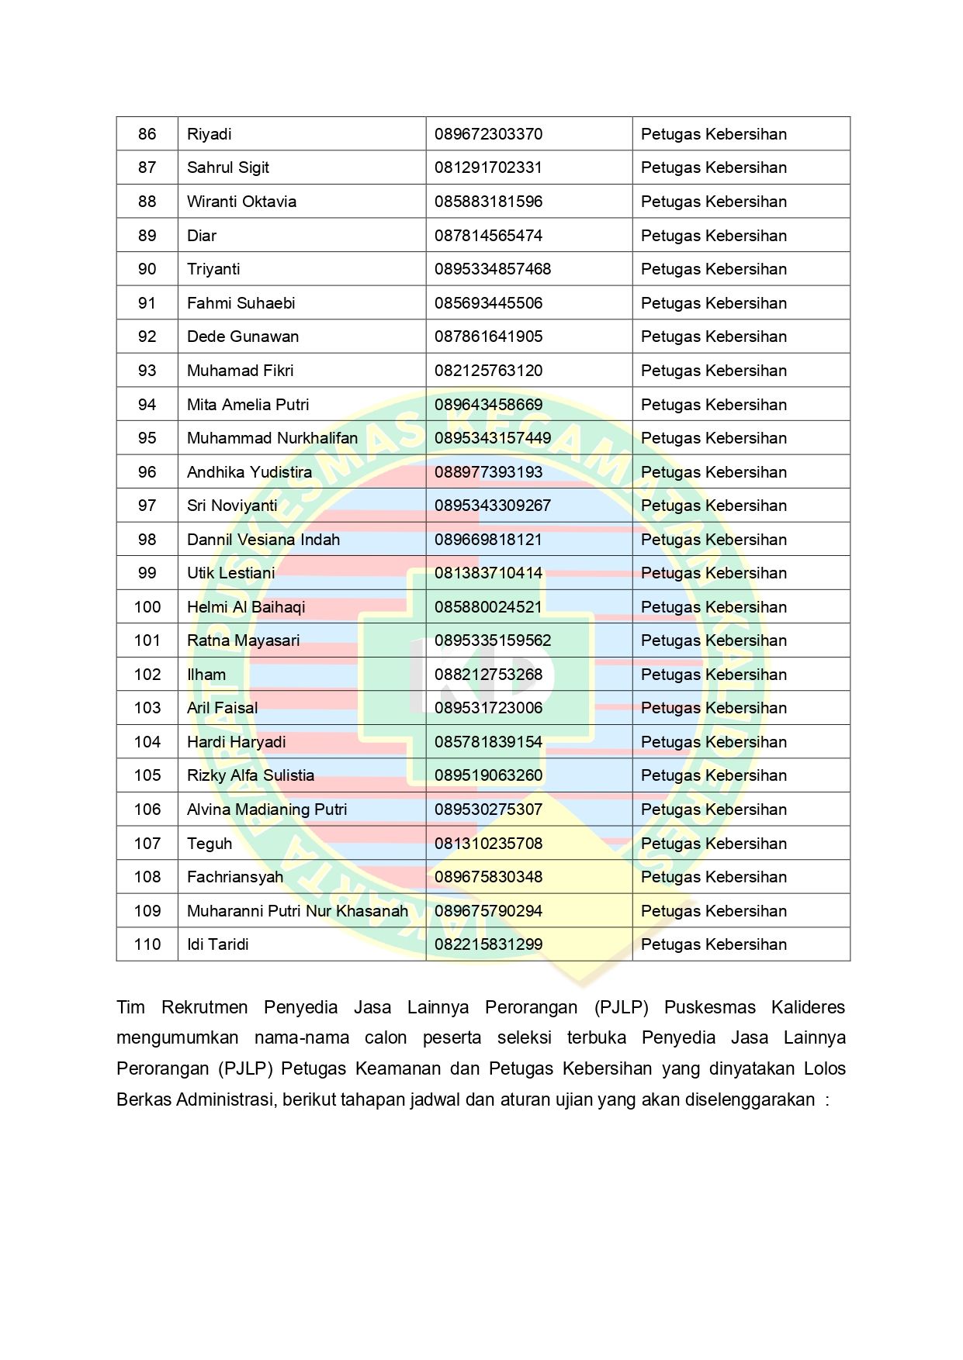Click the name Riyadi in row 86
pos(210,134)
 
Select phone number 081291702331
pos(488,167)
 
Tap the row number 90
pos(147,269)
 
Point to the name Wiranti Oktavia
pos(241,202)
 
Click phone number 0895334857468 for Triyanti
pos(493,269)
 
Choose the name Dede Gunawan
pos(243,337)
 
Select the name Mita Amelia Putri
pos(248,405)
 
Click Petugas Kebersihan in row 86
pos(713,134)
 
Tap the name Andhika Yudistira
pos(249,472)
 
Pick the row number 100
pos(147,607)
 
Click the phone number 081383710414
pos(488,573)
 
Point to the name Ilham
pos(206,675)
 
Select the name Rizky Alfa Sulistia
pos(251,775)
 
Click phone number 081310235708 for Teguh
pos(488,844)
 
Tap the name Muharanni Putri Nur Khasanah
pos(297,911)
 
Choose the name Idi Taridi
pos(218,944)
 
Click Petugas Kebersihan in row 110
pos(713,944)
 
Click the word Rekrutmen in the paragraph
pos(204,1007)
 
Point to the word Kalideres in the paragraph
pos(808,1007)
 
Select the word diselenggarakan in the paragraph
pos(750,1099)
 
